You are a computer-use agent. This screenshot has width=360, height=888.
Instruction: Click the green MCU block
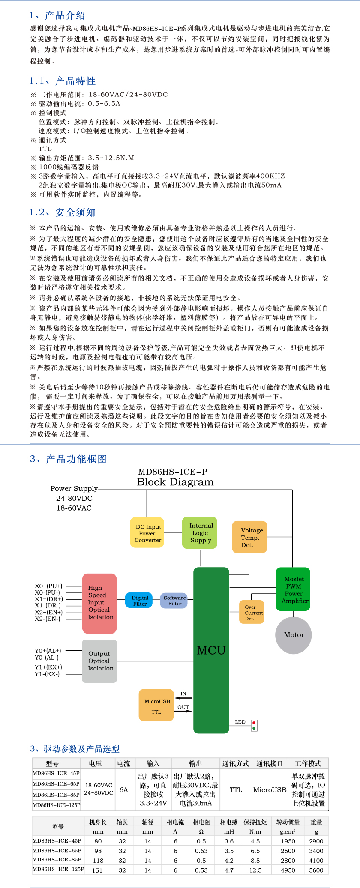pos(211,650)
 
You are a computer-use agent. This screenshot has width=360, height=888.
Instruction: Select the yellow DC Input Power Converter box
pos(148,533)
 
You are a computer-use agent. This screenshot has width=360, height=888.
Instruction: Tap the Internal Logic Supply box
pos(200,532)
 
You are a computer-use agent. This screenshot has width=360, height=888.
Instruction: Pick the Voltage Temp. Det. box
pos(249,537)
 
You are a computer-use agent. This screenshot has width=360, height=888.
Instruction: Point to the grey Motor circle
pos(294,635)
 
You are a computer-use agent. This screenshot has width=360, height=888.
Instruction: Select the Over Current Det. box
pos(252,612)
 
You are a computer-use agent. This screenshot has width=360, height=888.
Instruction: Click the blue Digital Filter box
pos(139,600)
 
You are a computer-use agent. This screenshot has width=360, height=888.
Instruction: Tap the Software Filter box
pos(174,600)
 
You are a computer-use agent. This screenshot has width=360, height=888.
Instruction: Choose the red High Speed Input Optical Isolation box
pos(99,603)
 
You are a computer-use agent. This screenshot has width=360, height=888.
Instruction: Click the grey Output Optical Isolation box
pos(99,661)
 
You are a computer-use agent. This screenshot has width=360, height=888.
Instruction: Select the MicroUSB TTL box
pos(156,705)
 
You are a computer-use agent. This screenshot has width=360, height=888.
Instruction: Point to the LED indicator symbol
pos(254,725)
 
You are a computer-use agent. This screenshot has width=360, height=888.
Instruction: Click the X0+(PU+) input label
pos(48,586)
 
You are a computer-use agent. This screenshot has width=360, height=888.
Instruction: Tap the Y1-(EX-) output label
pos(47,674)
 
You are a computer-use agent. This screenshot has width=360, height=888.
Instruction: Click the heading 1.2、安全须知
pos(62,212)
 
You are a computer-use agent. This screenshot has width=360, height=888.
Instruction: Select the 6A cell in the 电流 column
pos(124,789)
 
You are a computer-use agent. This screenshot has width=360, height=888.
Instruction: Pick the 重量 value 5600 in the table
pos(316,870)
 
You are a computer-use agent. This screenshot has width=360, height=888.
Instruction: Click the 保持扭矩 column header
pos(255,822)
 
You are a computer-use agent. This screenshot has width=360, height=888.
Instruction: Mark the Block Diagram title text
pos(175,482)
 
